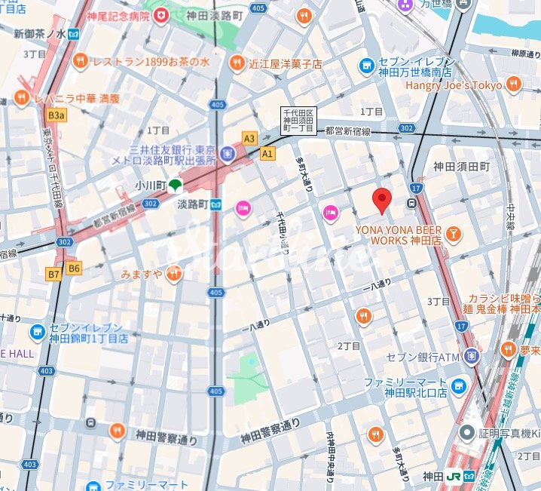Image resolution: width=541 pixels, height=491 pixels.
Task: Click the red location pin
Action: (x=383, y=200)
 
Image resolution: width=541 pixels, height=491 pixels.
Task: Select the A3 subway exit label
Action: (x=249, y=138)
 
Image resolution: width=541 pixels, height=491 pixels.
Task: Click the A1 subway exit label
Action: (x=267, y=153)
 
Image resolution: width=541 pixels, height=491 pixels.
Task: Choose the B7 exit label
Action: (x=53, y=275)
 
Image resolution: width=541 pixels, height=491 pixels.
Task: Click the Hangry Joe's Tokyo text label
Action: (x=454, y=85)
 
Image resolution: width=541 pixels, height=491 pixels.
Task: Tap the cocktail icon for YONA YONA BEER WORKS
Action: (x=454, y=233)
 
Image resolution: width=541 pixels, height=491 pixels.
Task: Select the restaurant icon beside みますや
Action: (x=174, y=273)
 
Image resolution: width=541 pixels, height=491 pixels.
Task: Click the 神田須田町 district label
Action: (x=461, y=166)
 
